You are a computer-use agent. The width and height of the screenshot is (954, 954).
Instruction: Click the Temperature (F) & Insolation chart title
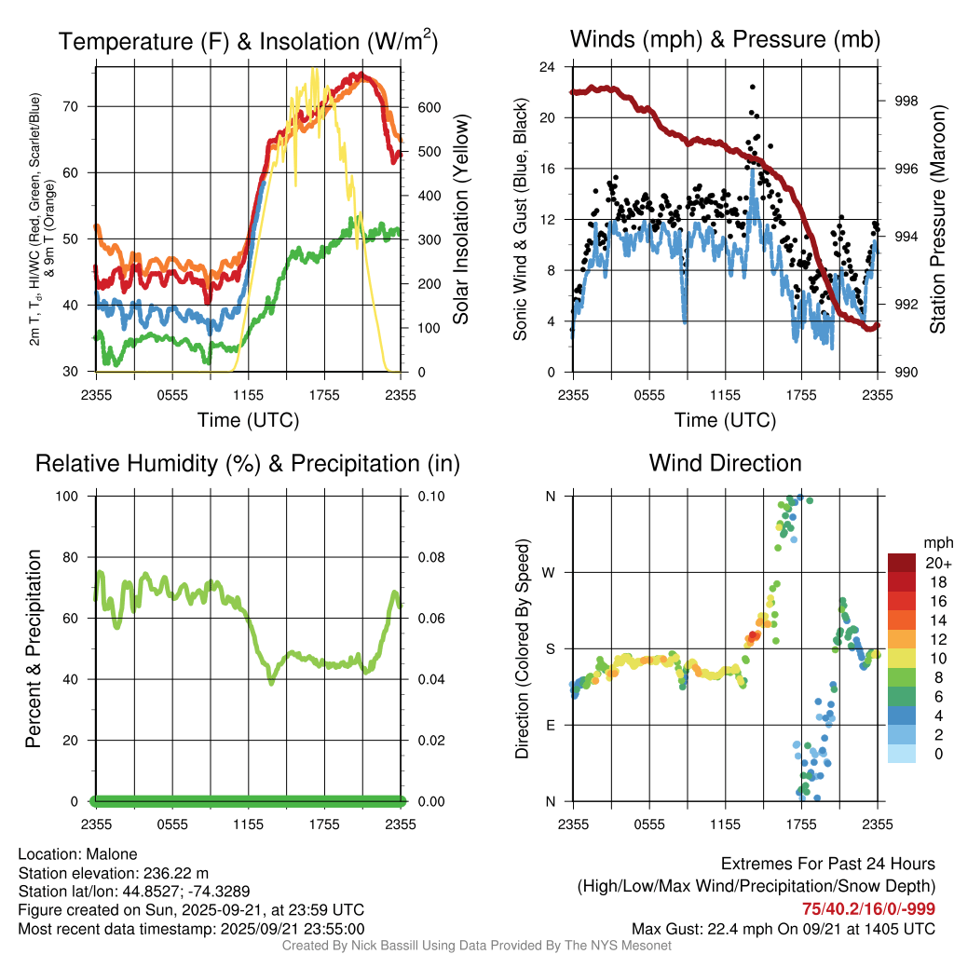coord(248,41)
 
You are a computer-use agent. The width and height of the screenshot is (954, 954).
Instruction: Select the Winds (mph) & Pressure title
coord(725,39)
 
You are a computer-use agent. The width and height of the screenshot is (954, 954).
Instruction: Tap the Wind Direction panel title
coord(725,463)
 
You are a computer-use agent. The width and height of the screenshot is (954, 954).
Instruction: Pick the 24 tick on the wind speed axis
coord(549,67)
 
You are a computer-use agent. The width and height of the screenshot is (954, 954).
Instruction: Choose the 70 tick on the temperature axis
coord(82,106)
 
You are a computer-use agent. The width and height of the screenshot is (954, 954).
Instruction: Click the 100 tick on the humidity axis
coord(78,496)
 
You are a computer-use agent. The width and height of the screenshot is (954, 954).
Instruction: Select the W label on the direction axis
coord(551,572)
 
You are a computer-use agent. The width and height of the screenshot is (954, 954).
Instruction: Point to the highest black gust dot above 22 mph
coord(752,87)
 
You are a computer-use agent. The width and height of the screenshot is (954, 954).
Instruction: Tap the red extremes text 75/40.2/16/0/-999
coord(869,909)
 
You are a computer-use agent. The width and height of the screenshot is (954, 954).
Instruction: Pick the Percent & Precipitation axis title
coord(34,648)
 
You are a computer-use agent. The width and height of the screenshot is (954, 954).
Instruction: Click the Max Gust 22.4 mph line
coord(784,928)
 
